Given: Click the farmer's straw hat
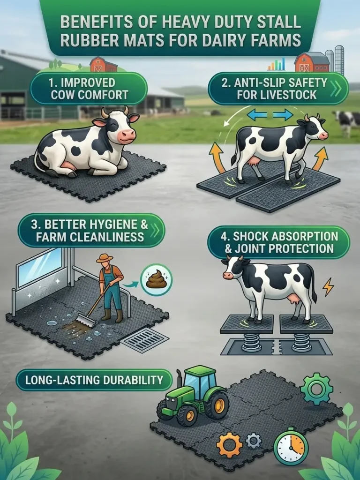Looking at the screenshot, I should pyautogui.click(x=105, y=258).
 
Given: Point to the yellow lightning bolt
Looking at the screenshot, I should pyautogui.click(x=328, y=286).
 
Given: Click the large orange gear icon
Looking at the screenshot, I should pyautogui.click(x=229, y=445).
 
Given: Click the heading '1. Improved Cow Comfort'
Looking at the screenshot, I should pyautogui.click(x=89, y=89).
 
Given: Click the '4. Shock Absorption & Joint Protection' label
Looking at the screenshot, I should pyautogui.click(x=278, y=241).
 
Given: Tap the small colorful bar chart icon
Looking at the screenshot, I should pyautogui.click(x=277, y=64).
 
